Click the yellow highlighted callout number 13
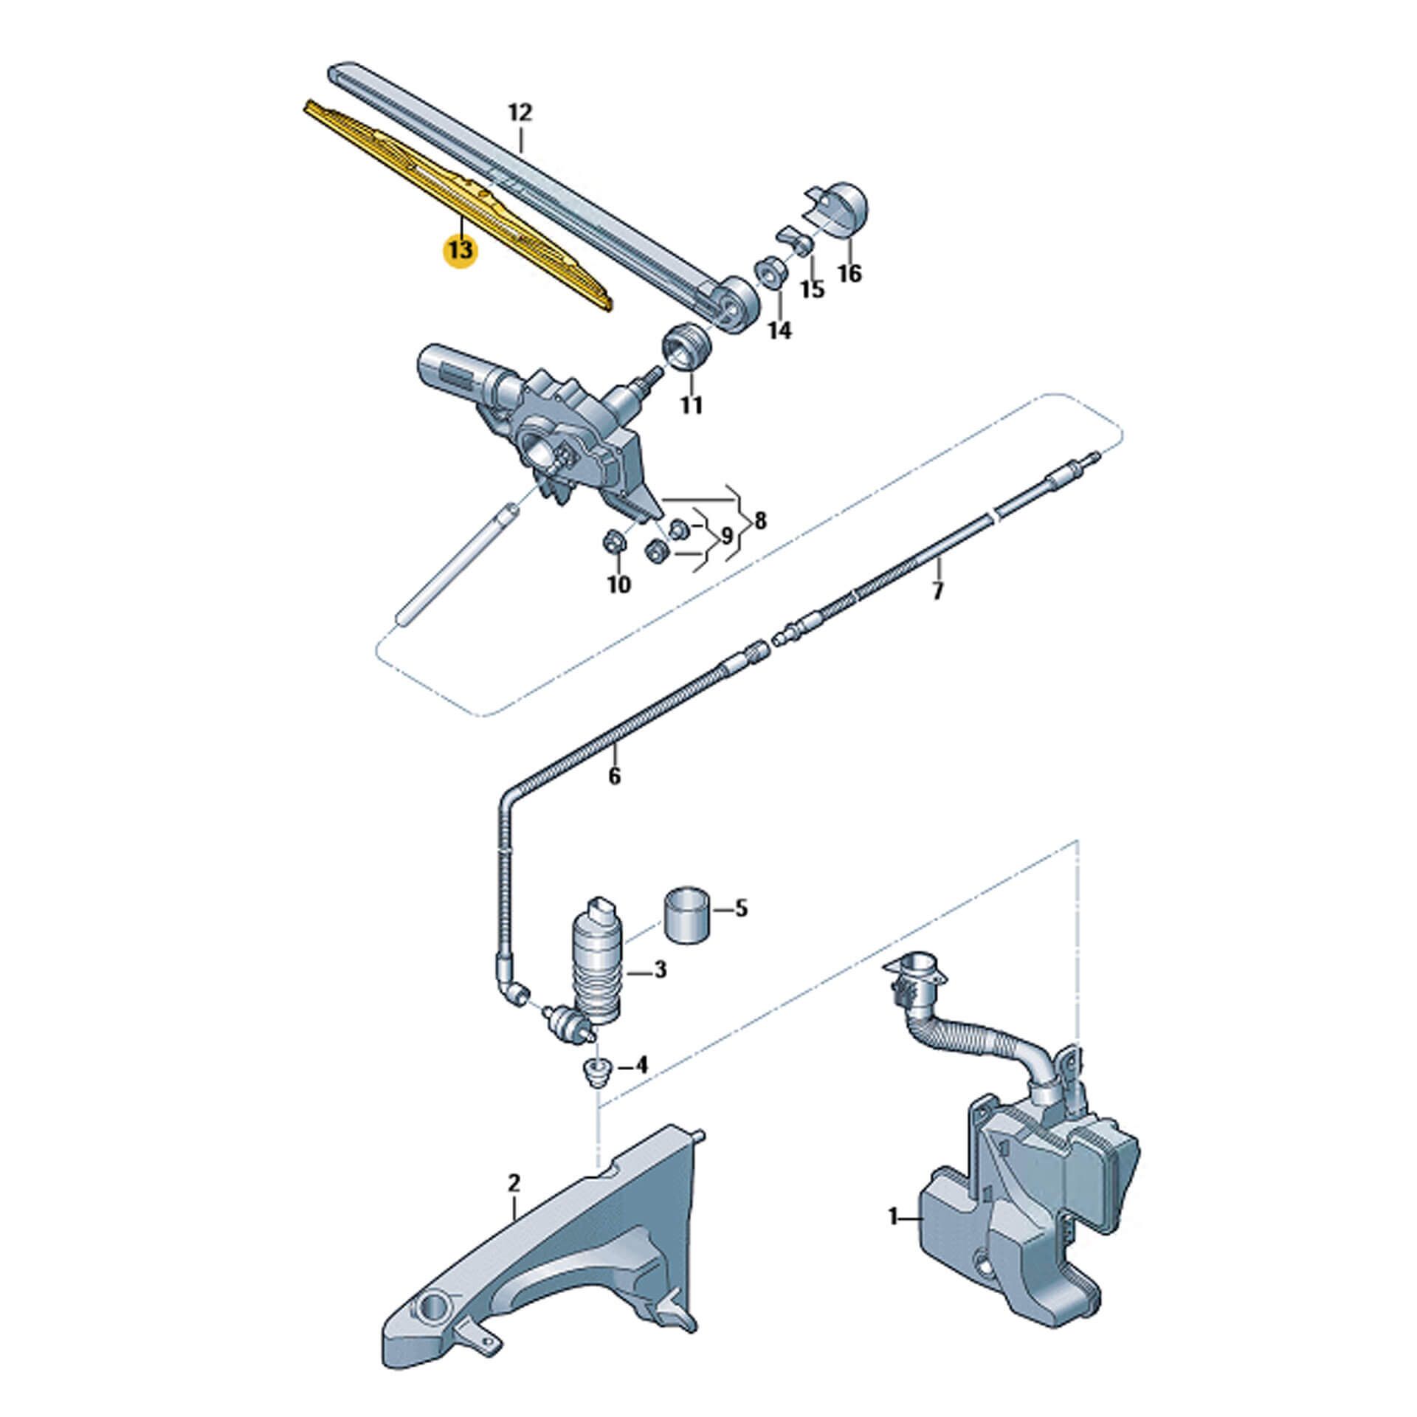[459, 250]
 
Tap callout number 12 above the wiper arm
[520, 113]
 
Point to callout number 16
[849, 274]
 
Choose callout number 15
[812, 289]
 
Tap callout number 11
[691, 405]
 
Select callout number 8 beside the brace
[759, 521]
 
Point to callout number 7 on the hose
[938, 591]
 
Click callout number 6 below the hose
[615, 776]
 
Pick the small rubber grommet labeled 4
[593, 1072]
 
